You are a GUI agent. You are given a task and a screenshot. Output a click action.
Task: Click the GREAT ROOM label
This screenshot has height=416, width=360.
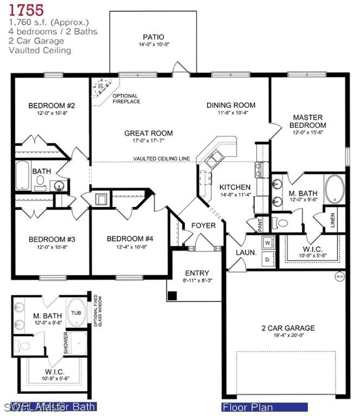(148, 133)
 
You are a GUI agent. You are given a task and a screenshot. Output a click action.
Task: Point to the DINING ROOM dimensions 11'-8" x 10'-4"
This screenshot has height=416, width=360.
(230, 113)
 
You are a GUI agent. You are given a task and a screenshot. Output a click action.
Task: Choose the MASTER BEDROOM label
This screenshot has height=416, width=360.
(308, 121)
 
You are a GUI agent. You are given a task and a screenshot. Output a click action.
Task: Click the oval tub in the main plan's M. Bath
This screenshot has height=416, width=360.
(335, 188)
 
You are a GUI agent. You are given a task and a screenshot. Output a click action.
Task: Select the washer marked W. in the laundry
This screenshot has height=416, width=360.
(267, 242)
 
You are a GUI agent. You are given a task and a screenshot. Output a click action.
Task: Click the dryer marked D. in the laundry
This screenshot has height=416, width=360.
(267, 258)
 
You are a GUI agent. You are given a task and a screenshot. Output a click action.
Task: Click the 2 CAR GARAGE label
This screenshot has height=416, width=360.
(287, 327)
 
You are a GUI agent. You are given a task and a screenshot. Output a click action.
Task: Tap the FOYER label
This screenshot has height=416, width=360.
(203, 225)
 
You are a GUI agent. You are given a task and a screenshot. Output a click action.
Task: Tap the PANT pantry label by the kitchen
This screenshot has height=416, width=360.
(260, 223)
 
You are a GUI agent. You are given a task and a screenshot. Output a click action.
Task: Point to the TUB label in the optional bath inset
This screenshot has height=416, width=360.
(75, 312)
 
